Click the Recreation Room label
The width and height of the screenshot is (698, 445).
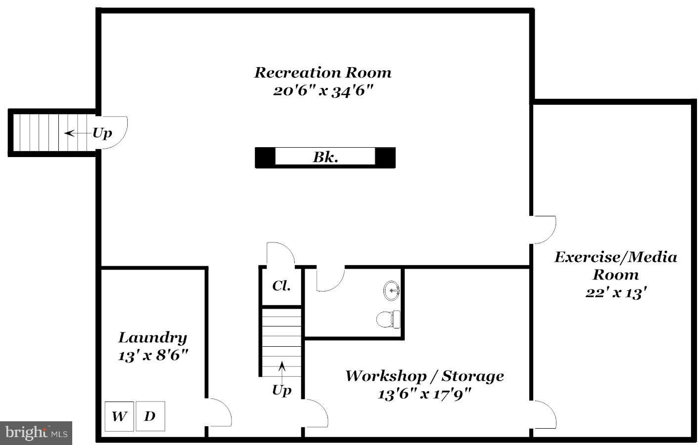323,73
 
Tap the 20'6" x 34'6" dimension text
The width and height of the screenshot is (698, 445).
323,91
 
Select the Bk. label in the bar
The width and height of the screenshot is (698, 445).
325,158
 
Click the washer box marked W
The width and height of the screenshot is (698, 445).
119,416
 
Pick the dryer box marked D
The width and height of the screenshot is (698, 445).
150,416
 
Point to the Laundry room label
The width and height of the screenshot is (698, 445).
152,338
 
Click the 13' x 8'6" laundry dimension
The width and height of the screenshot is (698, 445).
153,356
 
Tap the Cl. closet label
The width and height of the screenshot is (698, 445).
281,285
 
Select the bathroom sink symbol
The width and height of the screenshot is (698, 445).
392,290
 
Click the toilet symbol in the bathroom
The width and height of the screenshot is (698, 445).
389,319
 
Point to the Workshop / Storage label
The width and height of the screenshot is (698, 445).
424,376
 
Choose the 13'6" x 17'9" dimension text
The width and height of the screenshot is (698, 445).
424,394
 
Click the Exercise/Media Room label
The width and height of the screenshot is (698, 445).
615,266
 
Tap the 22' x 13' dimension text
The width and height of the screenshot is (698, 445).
616,292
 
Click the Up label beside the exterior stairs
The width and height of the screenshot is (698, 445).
102,133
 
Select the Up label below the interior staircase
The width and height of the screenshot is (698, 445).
281,390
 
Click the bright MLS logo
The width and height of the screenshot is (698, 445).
36,433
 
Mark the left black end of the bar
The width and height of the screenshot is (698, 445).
265,158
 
